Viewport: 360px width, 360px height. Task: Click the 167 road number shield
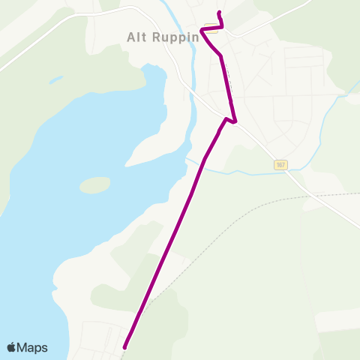(x=280, y=164)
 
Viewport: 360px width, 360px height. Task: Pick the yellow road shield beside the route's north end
(x=211, y=30)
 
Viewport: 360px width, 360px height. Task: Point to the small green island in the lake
(x=94, y=184)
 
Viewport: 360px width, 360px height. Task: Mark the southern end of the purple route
(x=124, y=346)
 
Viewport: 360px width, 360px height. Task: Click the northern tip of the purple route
(x=218, y=13)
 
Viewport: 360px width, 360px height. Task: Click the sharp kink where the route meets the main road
(x=235, y=121)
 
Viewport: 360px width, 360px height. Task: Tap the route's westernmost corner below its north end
(x=202, y=31)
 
